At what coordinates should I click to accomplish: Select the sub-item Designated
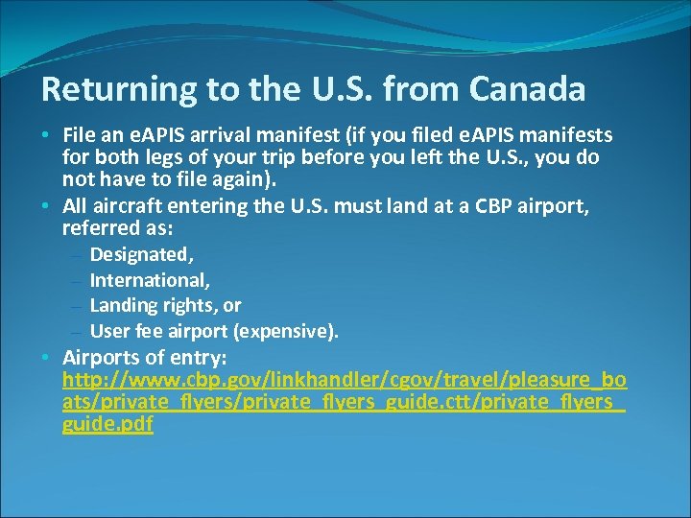(141, 254)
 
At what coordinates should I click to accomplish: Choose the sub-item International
(150, 280)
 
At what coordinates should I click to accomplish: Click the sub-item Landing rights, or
(165, 305)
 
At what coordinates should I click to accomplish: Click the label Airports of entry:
(144, 357)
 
